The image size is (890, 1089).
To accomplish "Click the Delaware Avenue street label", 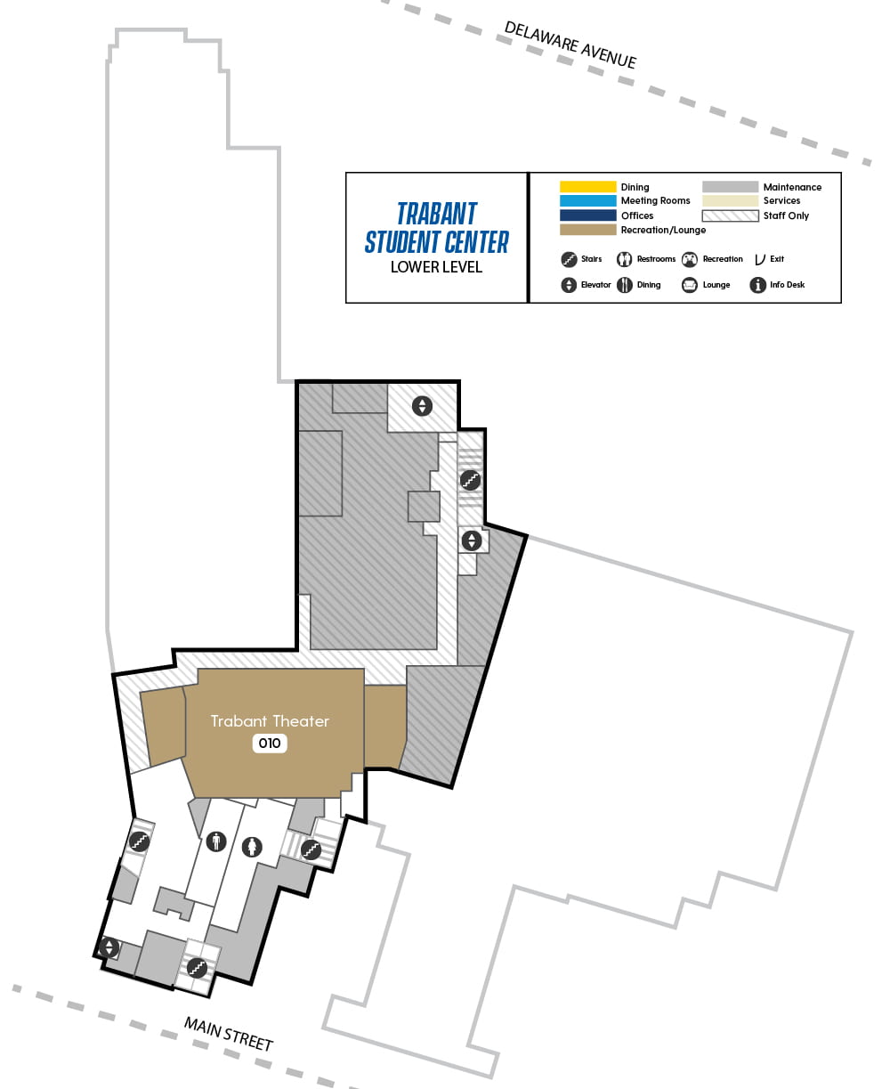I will pyautogui.click(x=570, y=45).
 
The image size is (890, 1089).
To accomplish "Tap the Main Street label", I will pyautogui.click(x=228, y=1033).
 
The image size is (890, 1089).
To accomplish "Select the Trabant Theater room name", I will pyautogui.click(x=270, y=721).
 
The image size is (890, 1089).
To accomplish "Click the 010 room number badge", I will pyautogui.click(x=270, y=744).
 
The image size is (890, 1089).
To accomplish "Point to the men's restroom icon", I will pyautogui.click(x=216, y=841).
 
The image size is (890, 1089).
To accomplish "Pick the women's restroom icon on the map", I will pyautogui.click(x=254, y=847).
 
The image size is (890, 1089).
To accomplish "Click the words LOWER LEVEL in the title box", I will pyautogui.click(x=436, y=267).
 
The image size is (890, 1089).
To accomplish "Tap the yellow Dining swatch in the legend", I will pyautogui.click(x=587, y=187).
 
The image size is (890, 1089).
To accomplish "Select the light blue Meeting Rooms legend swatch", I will pyautogui.click(x=587, y=201).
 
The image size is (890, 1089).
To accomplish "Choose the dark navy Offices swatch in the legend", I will pyautogui.click(x=587, y=215).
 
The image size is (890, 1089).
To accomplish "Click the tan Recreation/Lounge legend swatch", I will pyautogui.click(x=587, y=230).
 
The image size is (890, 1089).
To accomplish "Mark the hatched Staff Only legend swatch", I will pyautogui.click(x=730, y=215).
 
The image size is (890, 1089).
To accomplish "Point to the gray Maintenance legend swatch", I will pyautogui.click(x=730, y=187).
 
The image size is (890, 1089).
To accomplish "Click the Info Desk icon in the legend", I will pyautogui.click(x=758, y=285).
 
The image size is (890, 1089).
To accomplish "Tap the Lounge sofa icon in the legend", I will pyautogui.click(x=689, y=285).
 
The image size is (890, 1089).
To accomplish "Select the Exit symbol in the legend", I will pyautogui.click(x=760, y=259).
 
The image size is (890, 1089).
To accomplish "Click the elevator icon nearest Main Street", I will pyautogui.click(x=109, y=947).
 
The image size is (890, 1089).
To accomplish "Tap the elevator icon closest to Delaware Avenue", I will pyautogui.click(x=422, y=406).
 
